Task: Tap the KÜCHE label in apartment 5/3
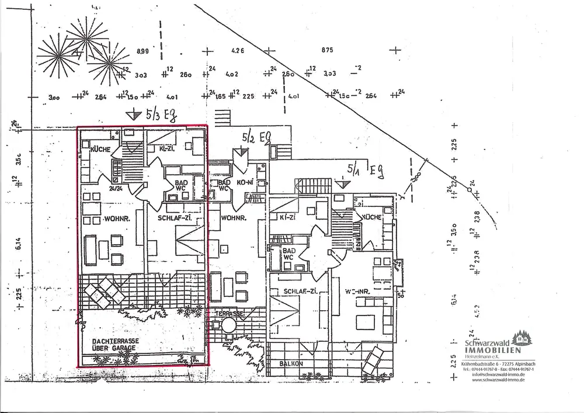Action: coord(100,150)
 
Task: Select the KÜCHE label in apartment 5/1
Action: coord(373,217)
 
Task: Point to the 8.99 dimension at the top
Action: coord(143,52)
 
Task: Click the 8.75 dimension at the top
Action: coord(326,50)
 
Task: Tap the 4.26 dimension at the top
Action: coord(237,51)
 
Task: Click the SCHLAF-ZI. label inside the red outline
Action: coord(175,219)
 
